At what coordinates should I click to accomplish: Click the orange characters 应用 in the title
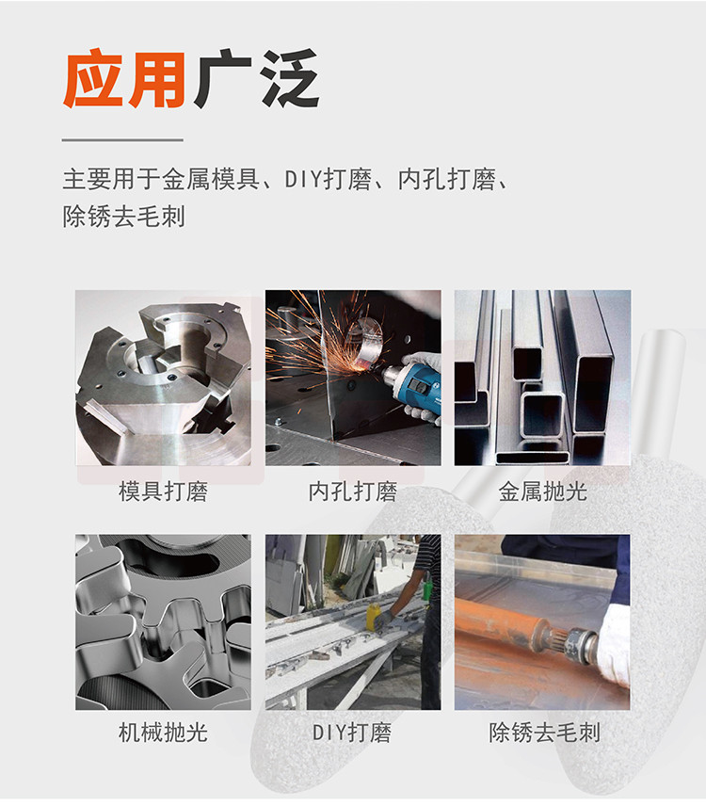[x=124, y=79]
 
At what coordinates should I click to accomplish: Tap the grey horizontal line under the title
[x=122, y=139]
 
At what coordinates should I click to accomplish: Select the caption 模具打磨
[x=163, y=492]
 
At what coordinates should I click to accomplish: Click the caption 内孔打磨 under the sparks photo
[x=352, y=492]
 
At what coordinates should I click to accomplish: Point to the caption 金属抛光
[x=542, y=492]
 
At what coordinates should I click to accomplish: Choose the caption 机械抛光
[x=163, y=733]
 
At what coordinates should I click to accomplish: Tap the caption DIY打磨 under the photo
[x=352, y=733]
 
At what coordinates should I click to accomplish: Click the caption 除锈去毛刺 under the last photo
[x=544, y=733]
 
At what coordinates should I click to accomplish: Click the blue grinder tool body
[x=413, y=385]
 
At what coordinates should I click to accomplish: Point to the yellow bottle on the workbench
[x=372, y=616]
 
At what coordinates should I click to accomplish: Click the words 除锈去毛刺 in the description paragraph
[x=123, y=217]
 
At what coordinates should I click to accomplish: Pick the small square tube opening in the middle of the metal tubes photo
[x=541, y=412]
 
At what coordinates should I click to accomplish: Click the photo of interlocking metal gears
[x=164, y=622]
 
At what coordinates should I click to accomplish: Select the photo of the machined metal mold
[x=164, y=378]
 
